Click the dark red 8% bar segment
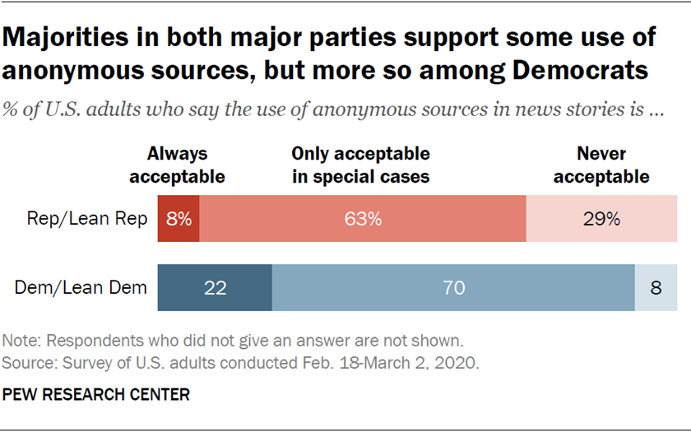pos(179,220)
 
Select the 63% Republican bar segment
pos(363,220)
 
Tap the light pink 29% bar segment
pos(601,220)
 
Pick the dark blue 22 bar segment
pos(215,287)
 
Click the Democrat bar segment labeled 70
pos(453,287)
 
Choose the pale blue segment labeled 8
pos(656,287)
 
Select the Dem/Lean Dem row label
pos(81,287)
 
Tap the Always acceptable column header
pos(177,165)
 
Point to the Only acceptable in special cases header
pos(361,165)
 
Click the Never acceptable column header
pos(601,165)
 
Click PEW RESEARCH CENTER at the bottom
pos(96,395)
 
